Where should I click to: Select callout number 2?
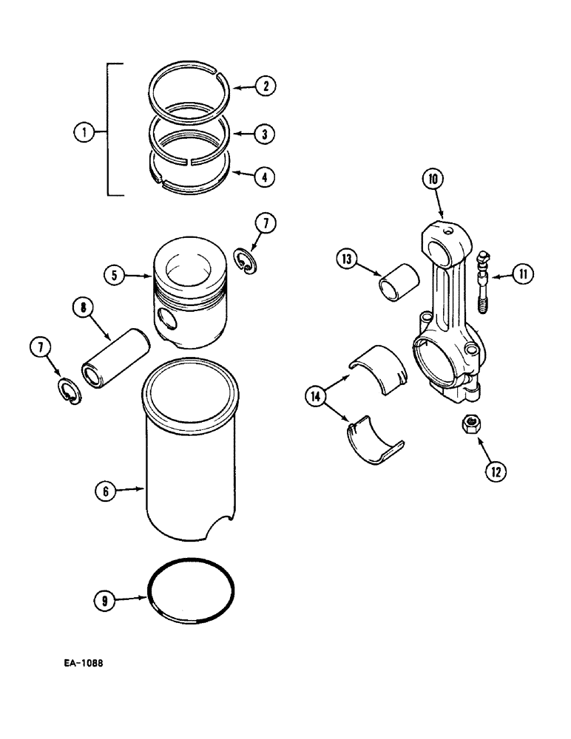[264, 86]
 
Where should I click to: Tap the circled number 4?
[264, 177]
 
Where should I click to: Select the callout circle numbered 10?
[433, 199]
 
